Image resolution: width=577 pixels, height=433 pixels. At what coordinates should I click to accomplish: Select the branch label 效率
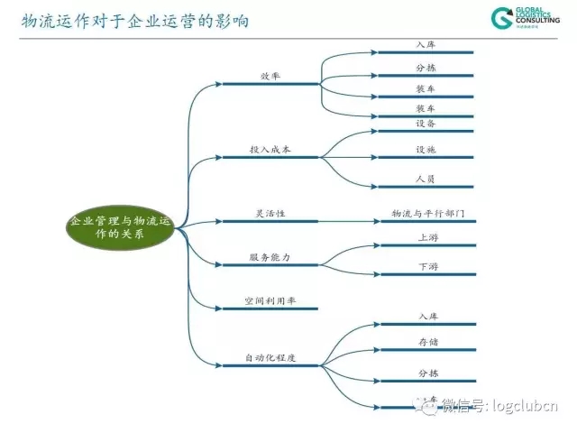pos(270,76)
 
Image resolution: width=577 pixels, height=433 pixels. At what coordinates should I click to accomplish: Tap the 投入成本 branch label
pos(270,148)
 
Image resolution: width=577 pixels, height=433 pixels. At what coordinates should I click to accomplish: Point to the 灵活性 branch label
pos(270,213)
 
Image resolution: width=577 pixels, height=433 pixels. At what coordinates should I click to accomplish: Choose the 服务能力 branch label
pos(270,257)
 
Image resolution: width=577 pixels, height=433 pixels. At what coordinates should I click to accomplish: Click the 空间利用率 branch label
pos(270,300)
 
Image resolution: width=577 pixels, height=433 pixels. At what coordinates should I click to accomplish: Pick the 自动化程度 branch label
pos(270,358)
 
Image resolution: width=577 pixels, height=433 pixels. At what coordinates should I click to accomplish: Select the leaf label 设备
pos(426,123)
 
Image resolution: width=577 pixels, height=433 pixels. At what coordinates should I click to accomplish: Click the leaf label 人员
pos(426,179)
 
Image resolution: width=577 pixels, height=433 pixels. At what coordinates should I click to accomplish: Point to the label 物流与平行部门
pos(428,213)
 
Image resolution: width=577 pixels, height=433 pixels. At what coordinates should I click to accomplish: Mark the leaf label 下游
pos(428,267)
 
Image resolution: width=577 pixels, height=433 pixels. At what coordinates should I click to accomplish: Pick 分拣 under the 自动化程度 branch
pos(427,372)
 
